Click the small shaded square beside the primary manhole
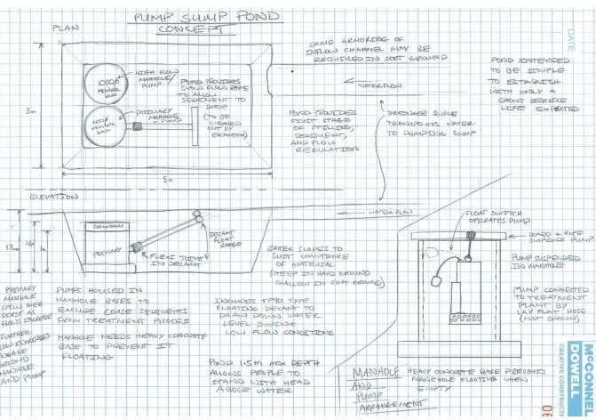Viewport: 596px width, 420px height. pyautogui.click(x=139, y=126)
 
